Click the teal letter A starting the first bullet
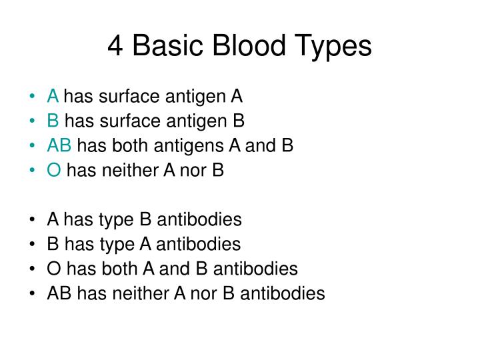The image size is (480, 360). tap(53, 97)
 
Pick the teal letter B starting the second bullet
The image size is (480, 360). tap(53, 121)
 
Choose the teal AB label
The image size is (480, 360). tap(59, 146)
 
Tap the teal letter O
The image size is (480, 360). tap(54, 171)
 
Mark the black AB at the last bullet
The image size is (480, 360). tap(59, 294)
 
